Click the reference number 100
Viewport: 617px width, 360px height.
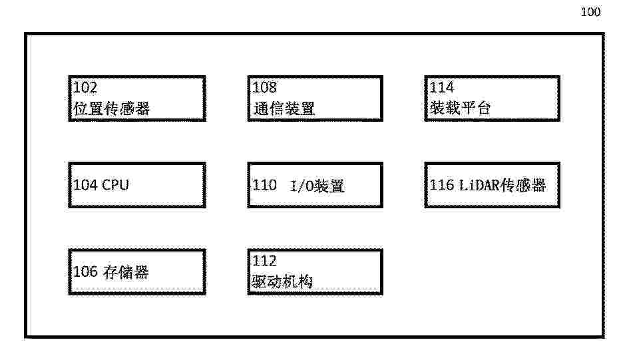pos(590,12)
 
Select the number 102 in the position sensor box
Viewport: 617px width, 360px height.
pos(85,87)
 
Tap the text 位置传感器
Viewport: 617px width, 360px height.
pos(111,108)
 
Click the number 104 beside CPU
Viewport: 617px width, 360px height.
pos(85,185)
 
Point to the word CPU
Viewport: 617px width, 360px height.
pos(115,185)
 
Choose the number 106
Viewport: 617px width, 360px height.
pos(85,271)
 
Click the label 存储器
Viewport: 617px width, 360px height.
pos(126,272)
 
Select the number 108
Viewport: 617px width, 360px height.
pos(264,87)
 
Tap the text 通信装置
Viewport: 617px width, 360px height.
pos(284,108)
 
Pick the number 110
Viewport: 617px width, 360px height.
pos(264,185)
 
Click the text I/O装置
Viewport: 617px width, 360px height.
pos(317,186)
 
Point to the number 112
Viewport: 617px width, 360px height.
pos(264,260)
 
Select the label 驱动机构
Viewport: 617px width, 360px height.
pos(282,281)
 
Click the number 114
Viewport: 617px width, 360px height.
pos(441,87)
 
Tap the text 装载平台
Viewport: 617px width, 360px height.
pos(460,108)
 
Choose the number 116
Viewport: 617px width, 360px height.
pos(441,185)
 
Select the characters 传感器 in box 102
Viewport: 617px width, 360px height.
pos(126,108)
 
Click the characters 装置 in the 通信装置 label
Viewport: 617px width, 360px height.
pos(300,108)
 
